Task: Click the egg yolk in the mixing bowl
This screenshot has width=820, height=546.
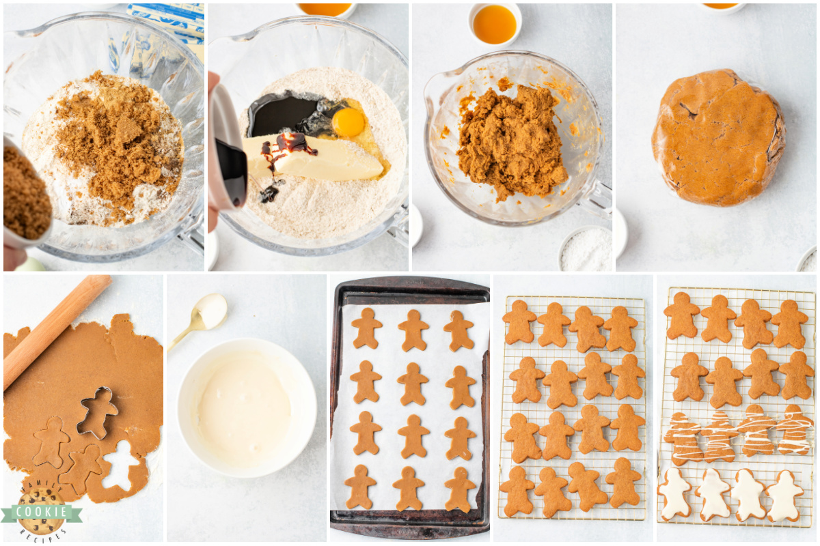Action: point(348,121)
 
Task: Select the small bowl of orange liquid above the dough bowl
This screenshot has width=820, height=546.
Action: point(495,24)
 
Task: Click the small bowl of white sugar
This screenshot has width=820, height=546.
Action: point(586,249)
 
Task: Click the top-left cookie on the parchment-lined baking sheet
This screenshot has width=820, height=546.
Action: point(367,328)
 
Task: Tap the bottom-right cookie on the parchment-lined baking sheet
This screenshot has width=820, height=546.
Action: point(459,489)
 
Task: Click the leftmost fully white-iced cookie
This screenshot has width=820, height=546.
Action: point(674,493)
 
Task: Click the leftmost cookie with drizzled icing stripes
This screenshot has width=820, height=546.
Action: point(683,437)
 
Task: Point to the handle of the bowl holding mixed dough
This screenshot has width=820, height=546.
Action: point(597,198)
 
